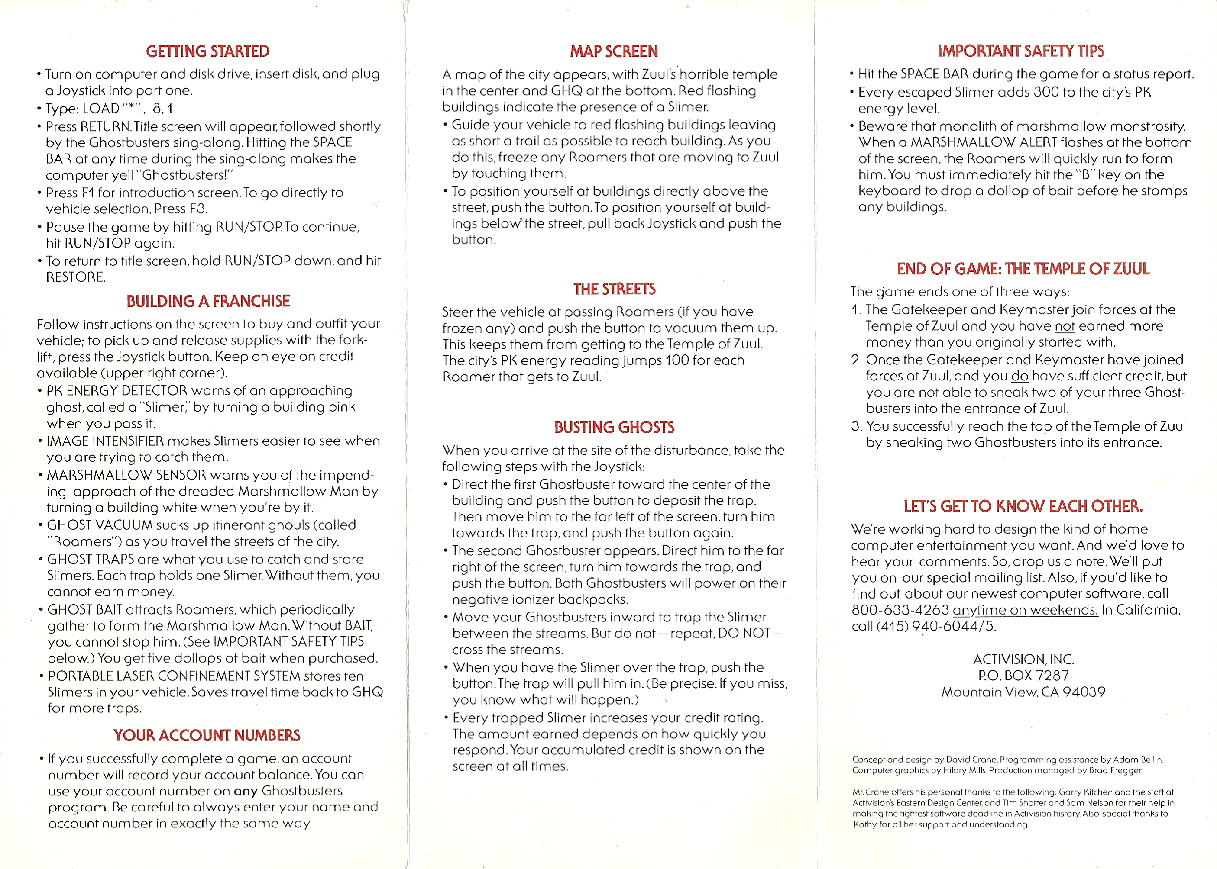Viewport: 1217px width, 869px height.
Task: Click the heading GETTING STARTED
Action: [208, 51]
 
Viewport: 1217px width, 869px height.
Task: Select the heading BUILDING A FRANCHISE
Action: [208, 301]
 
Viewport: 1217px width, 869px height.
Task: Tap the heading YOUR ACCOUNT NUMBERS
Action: [207, 735]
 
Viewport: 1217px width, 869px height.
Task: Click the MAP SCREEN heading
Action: [614, 51]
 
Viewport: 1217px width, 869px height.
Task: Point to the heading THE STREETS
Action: [614, 289]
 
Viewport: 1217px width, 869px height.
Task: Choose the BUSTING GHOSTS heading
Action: [614, 427]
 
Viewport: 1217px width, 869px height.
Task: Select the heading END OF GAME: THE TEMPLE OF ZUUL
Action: [1023, 269]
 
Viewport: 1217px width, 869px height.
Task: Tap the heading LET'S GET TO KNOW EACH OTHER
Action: [1023, 506]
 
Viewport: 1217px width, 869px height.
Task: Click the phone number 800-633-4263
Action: [900, 610]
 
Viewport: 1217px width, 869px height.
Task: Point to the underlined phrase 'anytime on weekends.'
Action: [1025, 610]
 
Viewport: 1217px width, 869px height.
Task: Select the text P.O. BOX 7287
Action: [1023, 676]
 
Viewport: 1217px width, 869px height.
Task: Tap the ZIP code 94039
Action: [1084, 692]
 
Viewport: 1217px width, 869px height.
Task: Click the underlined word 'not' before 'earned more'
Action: [1065, 326]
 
